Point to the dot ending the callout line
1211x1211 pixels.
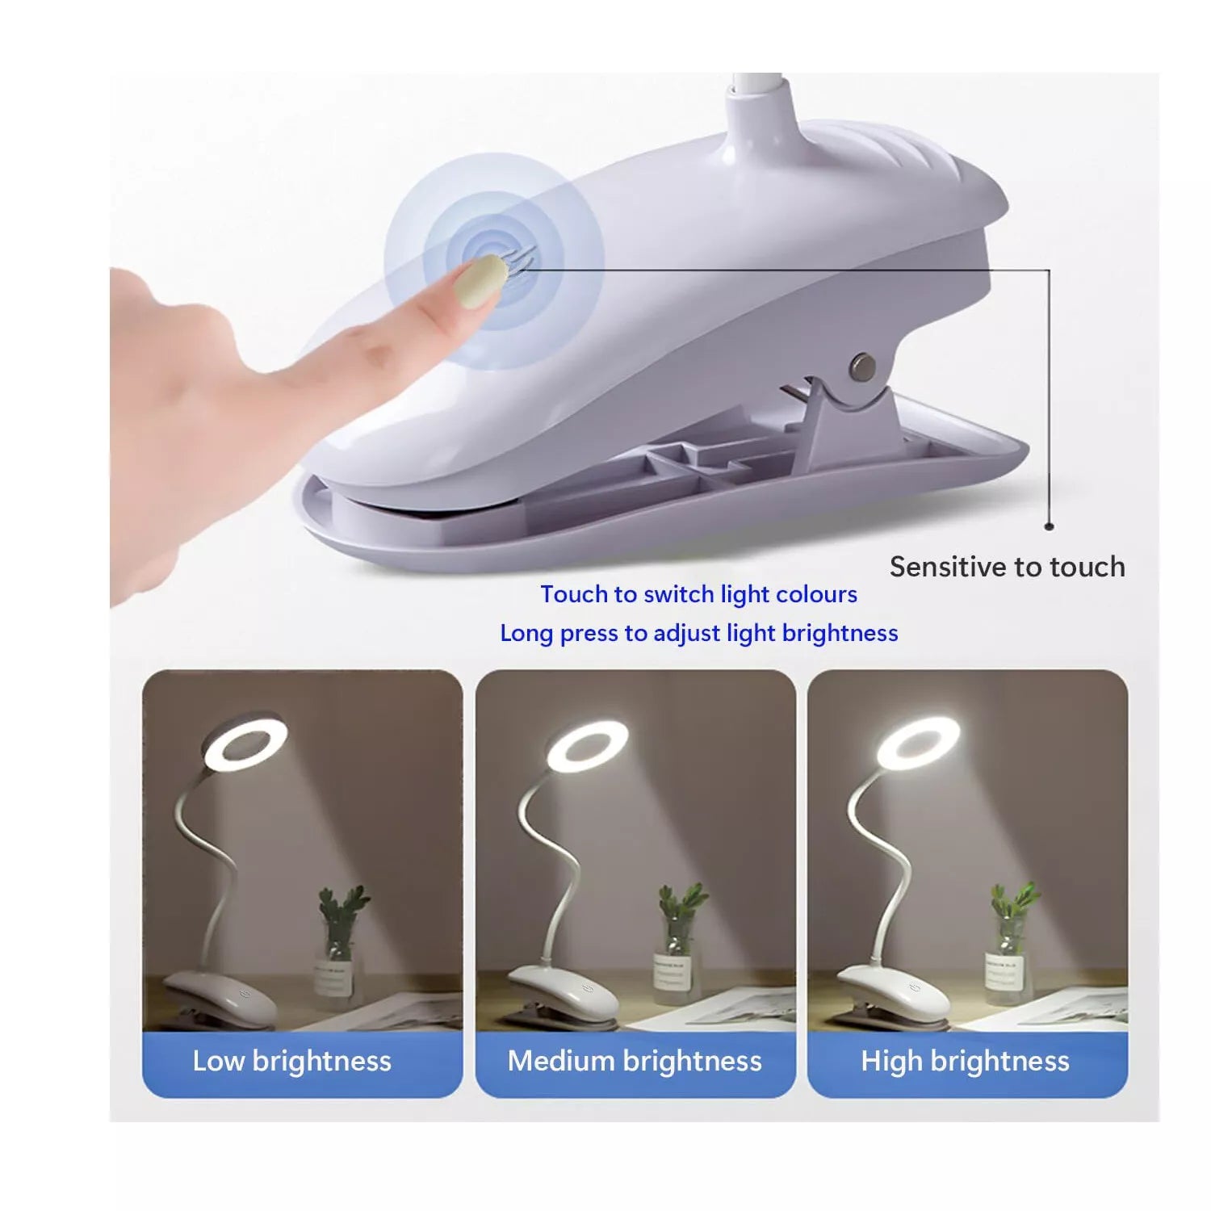[1050, 526]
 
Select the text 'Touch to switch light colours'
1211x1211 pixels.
[699, 594]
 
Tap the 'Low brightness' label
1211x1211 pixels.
[291, 1060]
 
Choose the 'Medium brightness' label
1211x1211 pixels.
[635, 1060]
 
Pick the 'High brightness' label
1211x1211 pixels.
[965, 1060]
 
